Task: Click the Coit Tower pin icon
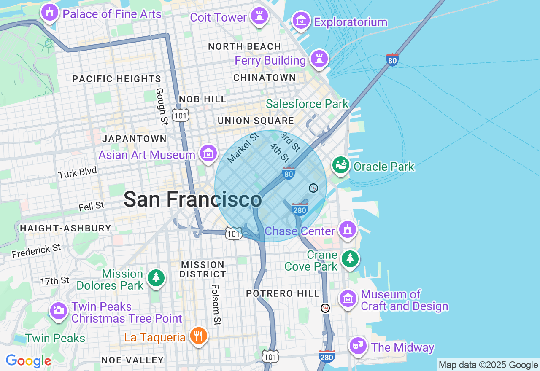tap(259, 16)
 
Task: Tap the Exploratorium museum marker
tap(301, 20)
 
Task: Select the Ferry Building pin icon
tap(319, 59)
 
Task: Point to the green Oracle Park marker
tap(340, 165)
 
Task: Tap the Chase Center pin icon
tap(347, 230)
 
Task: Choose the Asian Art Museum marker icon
tap(208, 153)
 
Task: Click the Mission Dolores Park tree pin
tap(156, 277)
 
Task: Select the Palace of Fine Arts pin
tap(50, 13)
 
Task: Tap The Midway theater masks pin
tap(358, 346)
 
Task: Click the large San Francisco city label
tap(192, 199)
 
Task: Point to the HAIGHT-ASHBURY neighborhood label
tap(65, 228)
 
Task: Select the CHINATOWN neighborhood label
tap(265, 78)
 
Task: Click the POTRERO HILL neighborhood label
tap(283, 293)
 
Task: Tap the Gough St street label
tap(161, 106)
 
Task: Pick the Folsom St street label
tap(216, 304)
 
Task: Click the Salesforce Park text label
tap(307, 104)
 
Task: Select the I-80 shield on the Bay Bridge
tap(392, 60)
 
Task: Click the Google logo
tap(28, 361)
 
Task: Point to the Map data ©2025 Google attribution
tap(488, 365)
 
